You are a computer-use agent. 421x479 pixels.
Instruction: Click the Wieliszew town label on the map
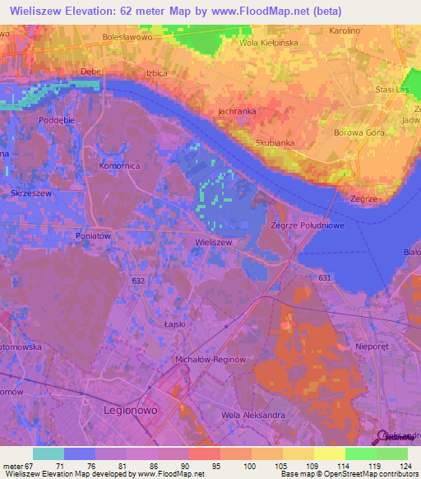[x=213, y=244]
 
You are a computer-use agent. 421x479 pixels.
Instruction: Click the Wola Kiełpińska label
[x=268, y=43]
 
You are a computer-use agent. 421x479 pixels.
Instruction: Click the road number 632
[x=137, y=281]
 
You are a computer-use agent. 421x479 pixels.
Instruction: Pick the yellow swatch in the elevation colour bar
[x=329, y=453]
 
